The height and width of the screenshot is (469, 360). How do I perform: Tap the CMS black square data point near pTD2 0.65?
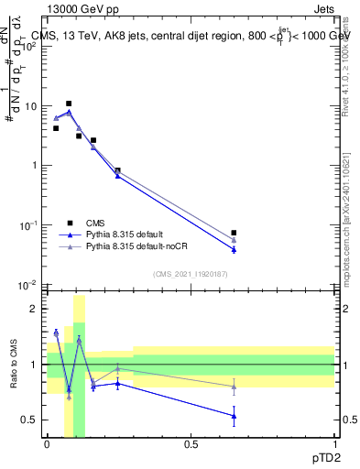point(235,233)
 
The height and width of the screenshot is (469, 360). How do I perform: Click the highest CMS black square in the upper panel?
point(69,104)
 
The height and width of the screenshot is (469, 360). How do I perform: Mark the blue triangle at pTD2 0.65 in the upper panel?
point(235,249)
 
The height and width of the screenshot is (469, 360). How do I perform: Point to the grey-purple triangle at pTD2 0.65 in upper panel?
point(235,239)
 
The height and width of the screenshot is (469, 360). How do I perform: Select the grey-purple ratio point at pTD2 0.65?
point(235,387)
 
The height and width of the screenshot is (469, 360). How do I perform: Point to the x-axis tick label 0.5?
point(191,443)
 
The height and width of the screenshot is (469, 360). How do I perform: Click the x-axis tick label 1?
point(334,443)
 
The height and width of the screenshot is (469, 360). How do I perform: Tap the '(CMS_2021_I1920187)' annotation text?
point(191,274)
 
